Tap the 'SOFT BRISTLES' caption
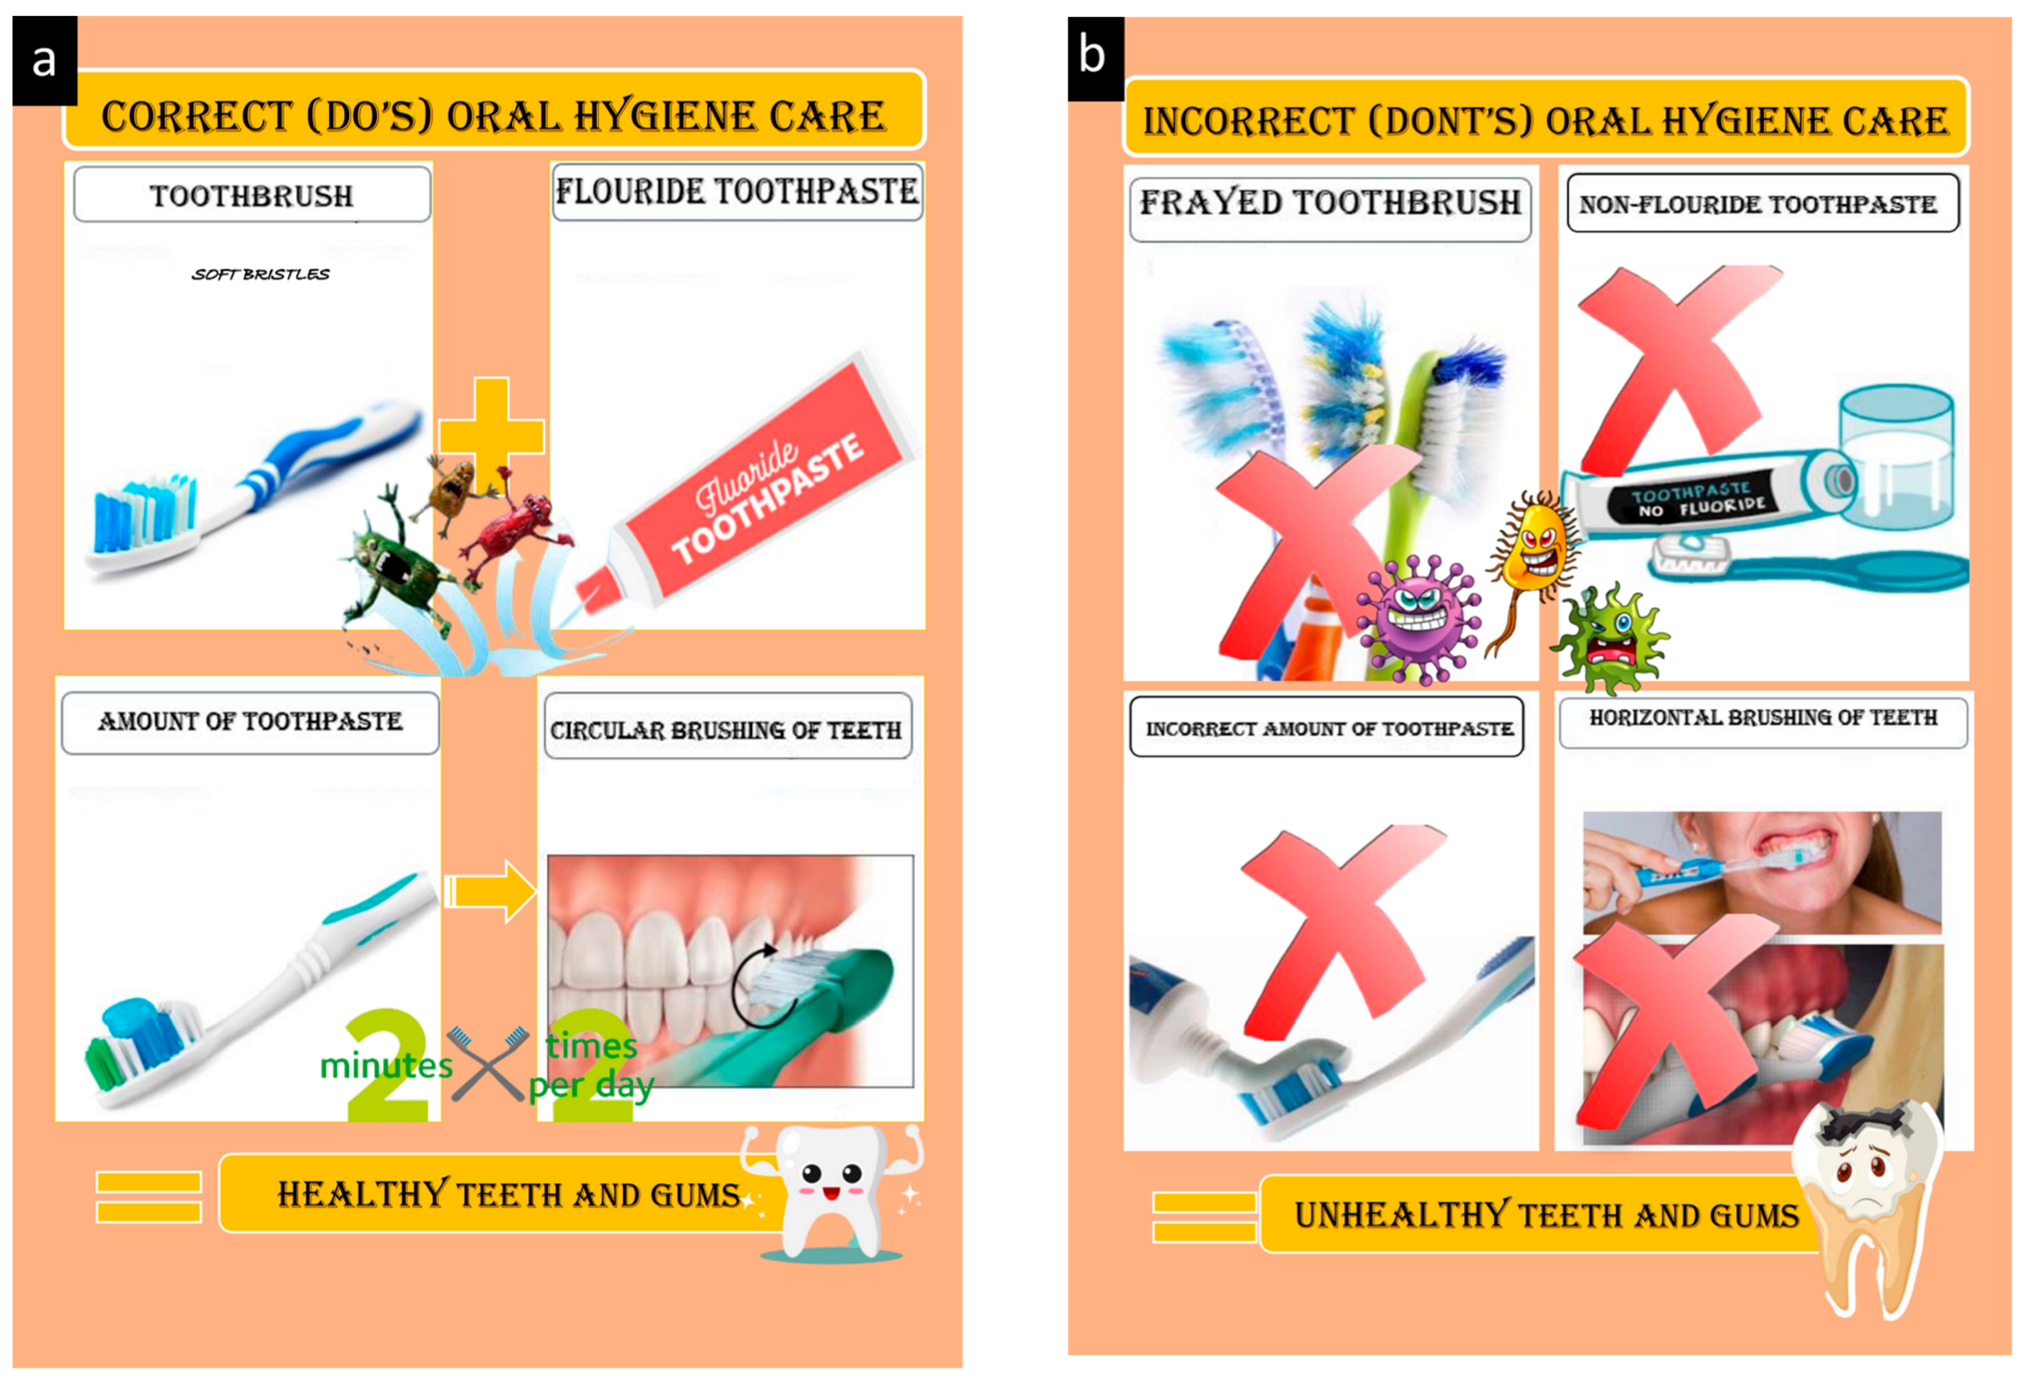coord(260,274)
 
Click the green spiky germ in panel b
coord(1611,638)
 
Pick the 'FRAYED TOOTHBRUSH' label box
coord(1330,209)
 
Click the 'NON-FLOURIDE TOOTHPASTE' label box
coord(1763,203)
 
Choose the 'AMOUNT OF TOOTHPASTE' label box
coord(250,722)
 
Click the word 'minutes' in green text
coord(387,1066)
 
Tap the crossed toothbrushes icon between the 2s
coord(488,1062)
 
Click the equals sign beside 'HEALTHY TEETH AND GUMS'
coord(149,1197)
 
